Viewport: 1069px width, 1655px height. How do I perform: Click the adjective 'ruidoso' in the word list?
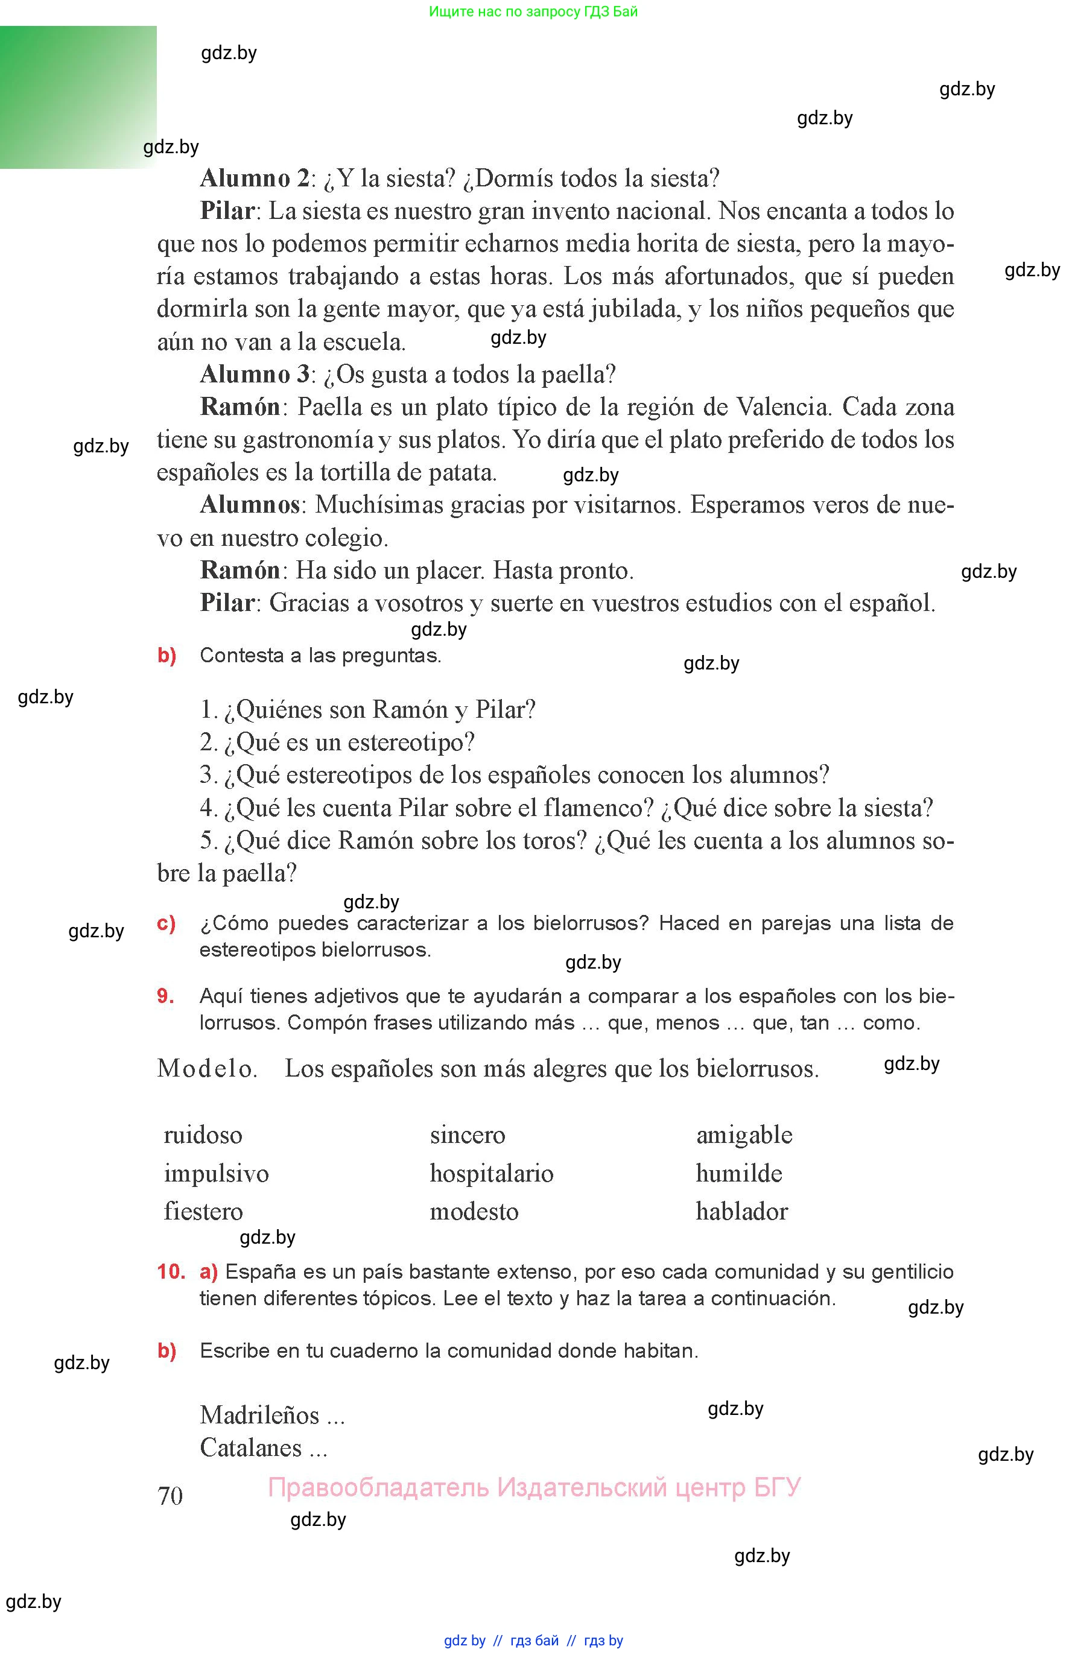(x=203, y=1135)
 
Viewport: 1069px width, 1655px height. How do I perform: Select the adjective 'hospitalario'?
(x=492, y=1174)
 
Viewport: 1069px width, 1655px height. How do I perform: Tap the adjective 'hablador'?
(x=741, y=1212)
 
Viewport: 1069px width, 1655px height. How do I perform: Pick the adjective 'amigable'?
(x=744, y=1135)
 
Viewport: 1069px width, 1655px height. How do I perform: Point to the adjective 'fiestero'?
(x=203, y=1212)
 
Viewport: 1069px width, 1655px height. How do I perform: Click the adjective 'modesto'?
(x=474, y=1212)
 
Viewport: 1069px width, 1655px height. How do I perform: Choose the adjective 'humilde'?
(x=738, y=1174)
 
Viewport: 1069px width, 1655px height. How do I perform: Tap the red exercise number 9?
(x=165, y=996)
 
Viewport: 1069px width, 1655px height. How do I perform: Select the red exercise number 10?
(x=171, y=1272)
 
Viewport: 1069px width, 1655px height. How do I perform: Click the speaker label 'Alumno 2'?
(x=254, y=179)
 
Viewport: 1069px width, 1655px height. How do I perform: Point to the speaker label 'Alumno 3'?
(x=254, y=375)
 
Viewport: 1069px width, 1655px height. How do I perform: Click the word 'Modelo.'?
(x=207, y=1069)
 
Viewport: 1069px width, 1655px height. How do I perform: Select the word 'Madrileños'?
(x=259, y=1415)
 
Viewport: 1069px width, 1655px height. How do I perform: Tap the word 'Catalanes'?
(x=250, y=1448)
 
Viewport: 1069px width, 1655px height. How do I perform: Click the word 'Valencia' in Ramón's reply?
(x=782, y=407)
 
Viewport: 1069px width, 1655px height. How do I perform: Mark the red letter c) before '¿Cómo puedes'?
(x=166, y=923)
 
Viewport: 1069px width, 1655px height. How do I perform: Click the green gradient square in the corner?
(x=78, y=97)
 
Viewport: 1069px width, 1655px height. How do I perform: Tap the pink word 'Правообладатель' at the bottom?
(x=378, y=1487)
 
